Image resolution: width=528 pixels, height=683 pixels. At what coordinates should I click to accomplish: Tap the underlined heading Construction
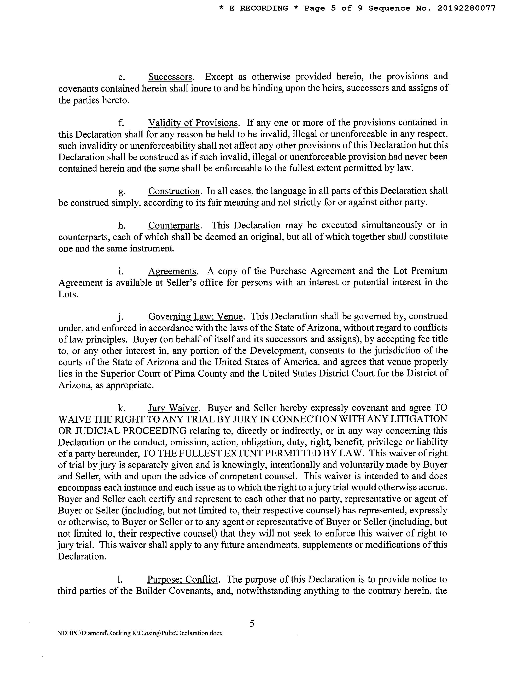(x=174, y=191)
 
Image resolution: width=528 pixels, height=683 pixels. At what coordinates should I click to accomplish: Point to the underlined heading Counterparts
(x=174, y=225)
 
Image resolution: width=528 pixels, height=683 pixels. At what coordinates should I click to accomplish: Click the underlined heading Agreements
(x=172, y=271)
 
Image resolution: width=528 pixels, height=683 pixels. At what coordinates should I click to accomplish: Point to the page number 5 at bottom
(x=252, y=624)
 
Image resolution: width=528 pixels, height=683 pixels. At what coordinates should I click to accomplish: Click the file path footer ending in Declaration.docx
(x=140, y=633)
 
